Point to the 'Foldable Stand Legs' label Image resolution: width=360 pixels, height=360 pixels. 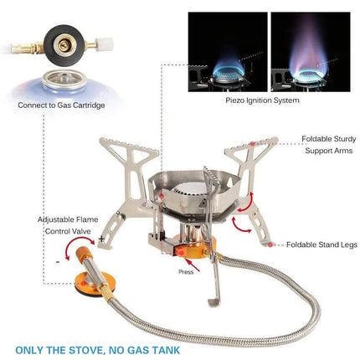(x=321, y=245)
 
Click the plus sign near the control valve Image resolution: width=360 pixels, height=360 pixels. (x=101, y=239)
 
